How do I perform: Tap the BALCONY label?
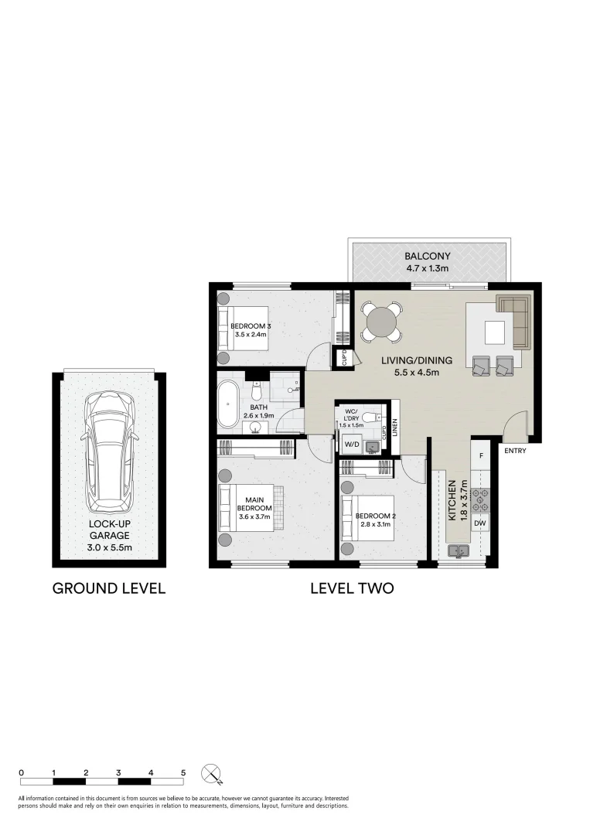pos(428,257)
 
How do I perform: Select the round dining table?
pos(381,322)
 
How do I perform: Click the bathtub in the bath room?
pos(229,404)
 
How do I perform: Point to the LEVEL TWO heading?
pos(352,588)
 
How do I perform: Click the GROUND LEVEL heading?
pos(109,588)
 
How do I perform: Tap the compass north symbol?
pos(211,773)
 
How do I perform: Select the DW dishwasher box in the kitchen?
pos(479,524)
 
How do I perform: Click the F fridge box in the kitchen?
pos(480,455)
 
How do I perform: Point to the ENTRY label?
pos(514,451)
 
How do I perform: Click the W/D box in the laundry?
pos(352,445)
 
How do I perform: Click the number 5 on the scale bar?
pos(183,772)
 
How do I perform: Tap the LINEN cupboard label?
pos(394,428)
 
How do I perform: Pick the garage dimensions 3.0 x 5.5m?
pos(109,548)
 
